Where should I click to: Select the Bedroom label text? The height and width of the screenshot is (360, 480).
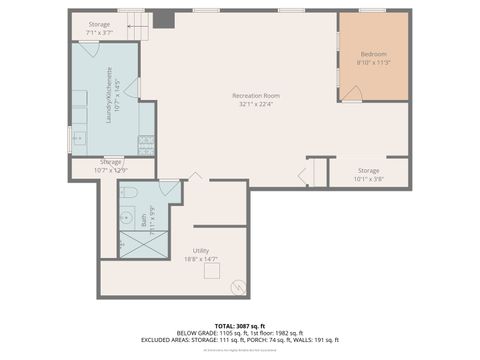pyautogui.click(x=374, y=54)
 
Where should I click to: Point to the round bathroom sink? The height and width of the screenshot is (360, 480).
pyautogui.click(x=127, y=215)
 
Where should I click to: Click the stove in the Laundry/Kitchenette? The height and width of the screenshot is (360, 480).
pyautogui.click(x=146, y=141)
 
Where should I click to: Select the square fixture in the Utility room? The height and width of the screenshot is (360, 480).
pyautogui.click(x=211, y=271)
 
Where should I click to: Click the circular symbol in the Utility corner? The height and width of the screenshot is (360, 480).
pyautogui.click(x=237, y=286)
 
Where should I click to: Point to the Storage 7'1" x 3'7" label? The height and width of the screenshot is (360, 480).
pyautogui.click(x=99, y=27)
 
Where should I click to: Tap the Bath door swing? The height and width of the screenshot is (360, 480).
pyautogui.click(x=169, y=188)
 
